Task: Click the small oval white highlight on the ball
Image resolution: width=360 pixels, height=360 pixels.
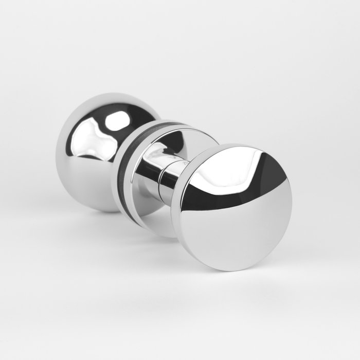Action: coord(117,121)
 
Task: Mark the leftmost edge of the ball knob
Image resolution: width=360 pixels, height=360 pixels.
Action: coord(57,154)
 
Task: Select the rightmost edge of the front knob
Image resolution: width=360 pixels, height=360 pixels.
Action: coord(291,206)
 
